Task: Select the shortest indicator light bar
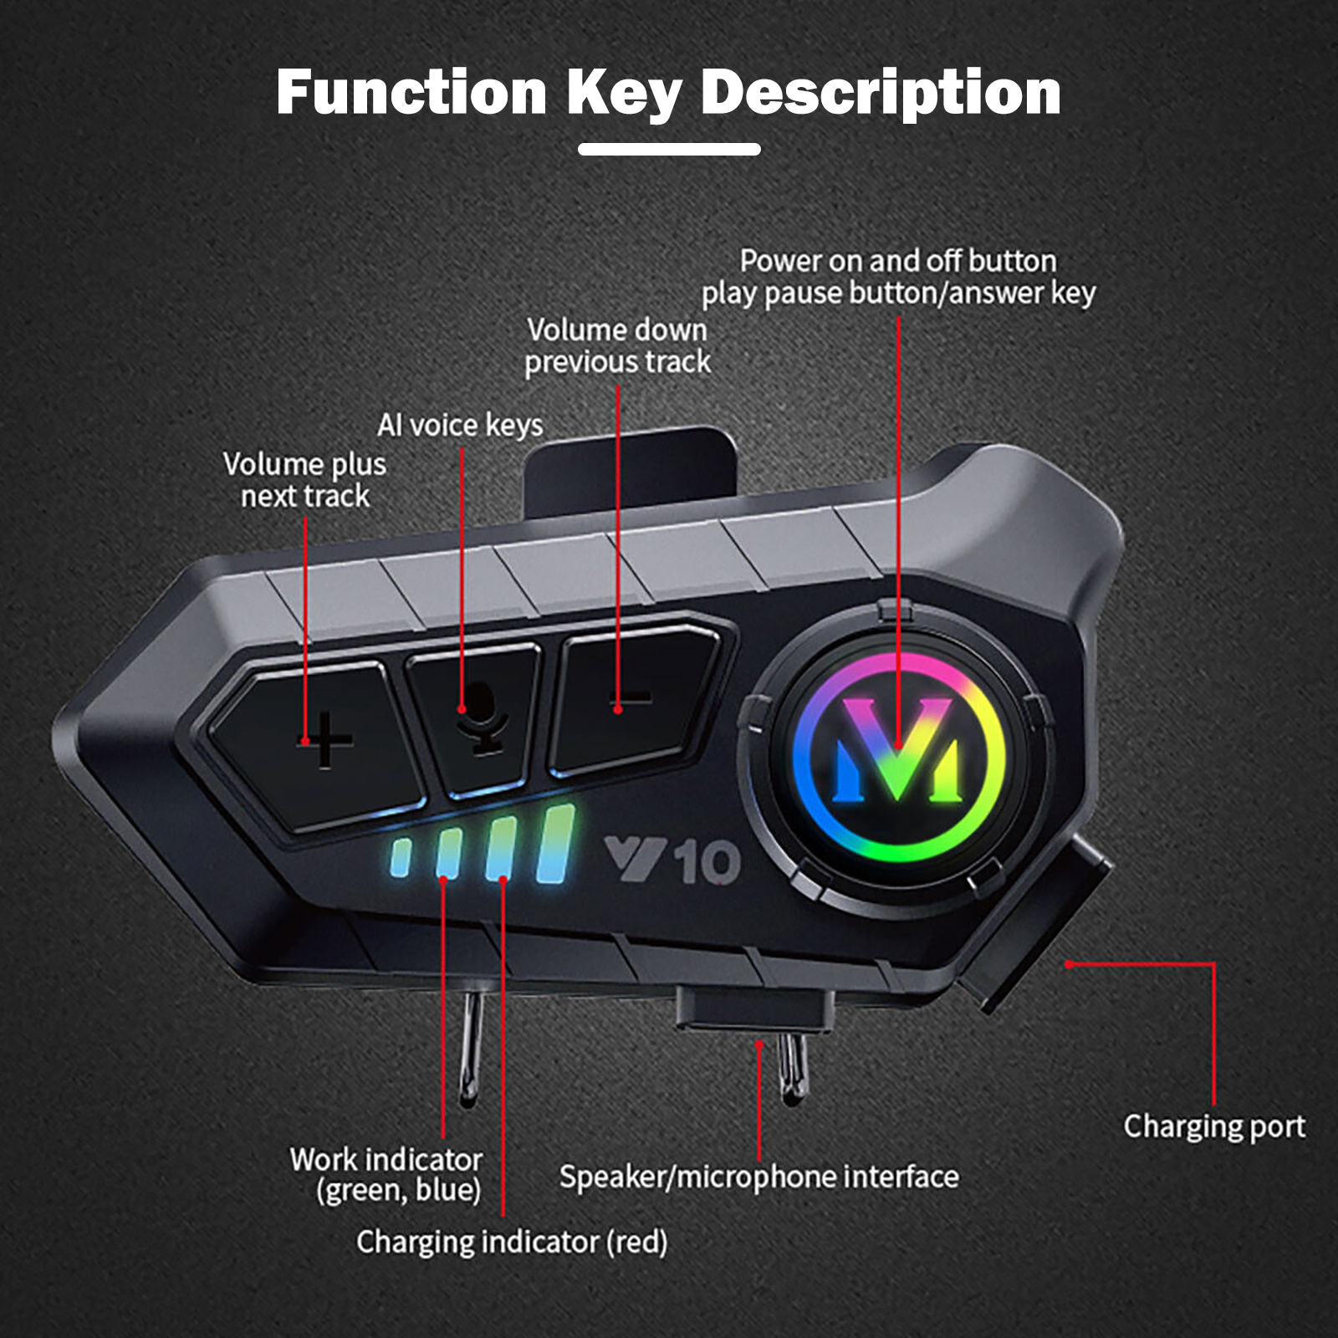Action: point(401,859)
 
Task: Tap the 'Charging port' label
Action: point(1213,1126)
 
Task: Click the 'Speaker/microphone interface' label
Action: point(758,1177)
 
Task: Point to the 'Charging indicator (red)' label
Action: point(512,1242)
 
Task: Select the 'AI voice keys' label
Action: point(460,425)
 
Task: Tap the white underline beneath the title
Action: point(669,149)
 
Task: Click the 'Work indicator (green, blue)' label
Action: point(386,1174)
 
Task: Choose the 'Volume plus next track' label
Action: point(304,480)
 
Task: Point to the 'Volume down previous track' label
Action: point(617,345)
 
